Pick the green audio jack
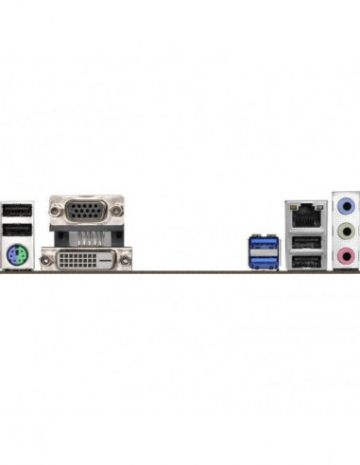coord(347,231)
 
